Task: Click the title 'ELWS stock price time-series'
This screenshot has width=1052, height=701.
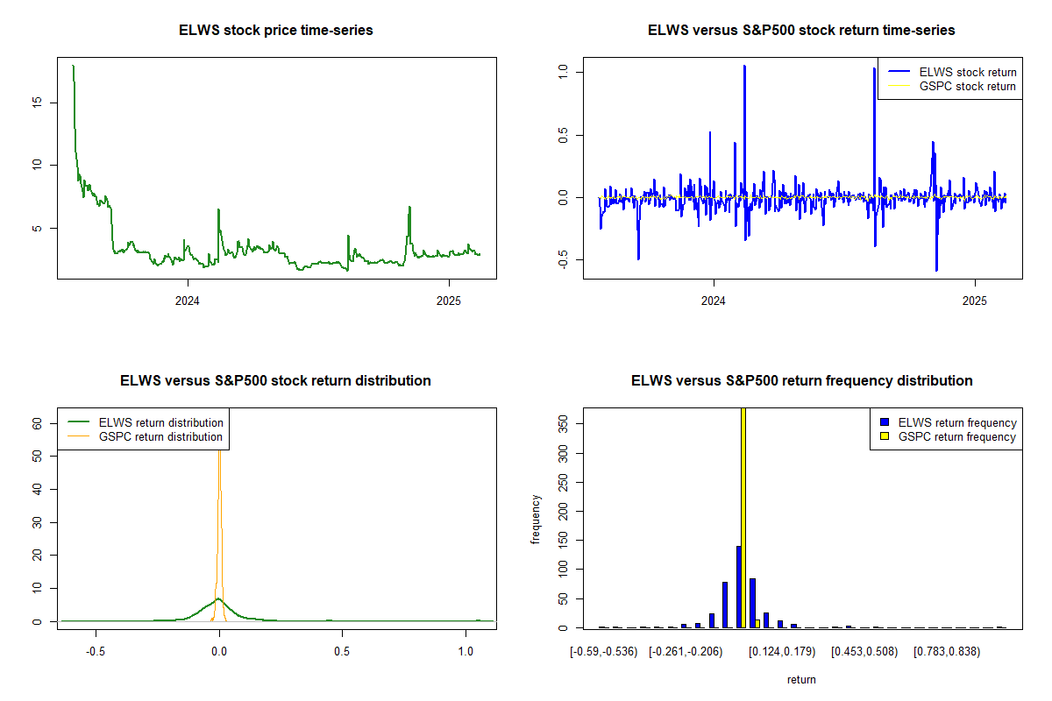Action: (276, 31)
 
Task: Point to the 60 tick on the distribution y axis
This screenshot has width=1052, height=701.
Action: (37, 423)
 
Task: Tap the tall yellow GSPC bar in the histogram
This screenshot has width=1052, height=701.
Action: (743, 517)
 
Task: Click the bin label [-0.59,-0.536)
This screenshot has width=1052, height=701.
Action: (604, 651)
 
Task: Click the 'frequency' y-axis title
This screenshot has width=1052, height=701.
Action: (536, 519)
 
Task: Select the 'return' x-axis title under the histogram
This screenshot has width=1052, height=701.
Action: (801, 679)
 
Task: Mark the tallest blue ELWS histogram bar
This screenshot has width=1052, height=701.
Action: (739, 587)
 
